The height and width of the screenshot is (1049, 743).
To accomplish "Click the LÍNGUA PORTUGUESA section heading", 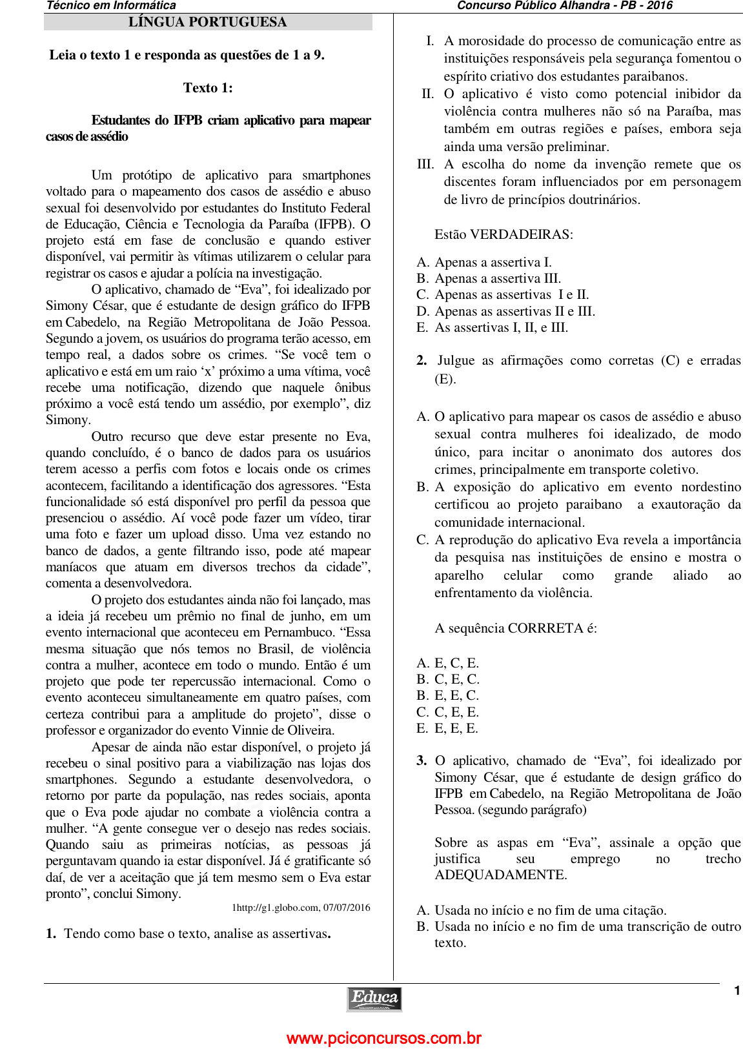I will (x=207, y=22).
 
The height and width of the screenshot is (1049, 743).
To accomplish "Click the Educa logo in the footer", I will (x=374, y=999).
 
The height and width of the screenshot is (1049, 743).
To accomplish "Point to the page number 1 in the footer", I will (x=737, y=991).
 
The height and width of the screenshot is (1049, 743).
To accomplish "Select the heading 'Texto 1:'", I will (x=208, y=88).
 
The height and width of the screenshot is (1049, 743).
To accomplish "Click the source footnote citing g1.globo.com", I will (x=301, y=908).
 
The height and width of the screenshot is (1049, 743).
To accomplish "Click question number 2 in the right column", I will (x=422, y=361).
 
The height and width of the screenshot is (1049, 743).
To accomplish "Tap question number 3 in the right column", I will (x=422, y=761).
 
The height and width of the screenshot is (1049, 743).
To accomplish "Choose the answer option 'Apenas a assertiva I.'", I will (x=493, y=262).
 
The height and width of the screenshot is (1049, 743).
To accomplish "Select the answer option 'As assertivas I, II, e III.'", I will (x=501, y=327).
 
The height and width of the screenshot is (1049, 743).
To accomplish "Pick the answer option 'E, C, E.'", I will (x=456, y=663).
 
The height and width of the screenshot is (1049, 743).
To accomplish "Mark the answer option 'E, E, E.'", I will (x=456, y=728).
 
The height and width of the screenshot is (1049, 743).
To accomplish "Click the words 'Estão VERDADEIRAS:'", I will (x=504, y=234).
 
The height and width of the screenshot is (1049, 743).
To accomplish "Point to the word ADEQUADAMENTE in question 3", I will (x=500, y=875).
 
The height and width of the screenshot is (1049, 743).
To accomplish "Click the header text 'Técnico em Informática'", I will (x=111, y=6).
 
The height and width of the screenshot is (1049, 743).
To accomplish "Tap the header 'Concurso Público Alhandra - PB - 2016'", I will (x=564, y=6).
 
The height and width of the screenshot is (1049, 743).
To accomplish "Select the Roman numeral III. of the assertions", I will (x=425, y=165).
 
